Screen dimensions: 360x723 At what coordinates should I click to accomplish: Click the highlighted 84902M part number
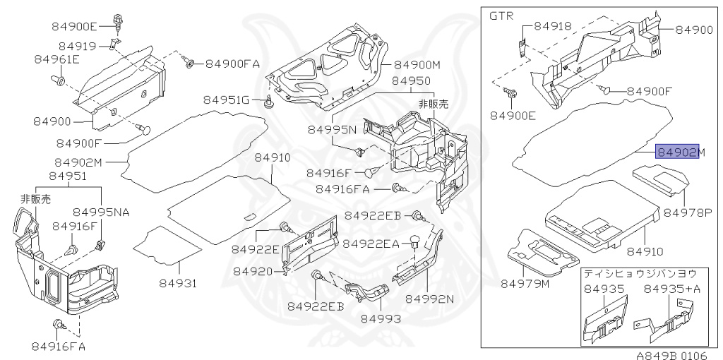point(678,152)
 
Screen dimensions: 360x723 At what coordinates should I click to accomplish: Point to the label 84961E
point(56,60)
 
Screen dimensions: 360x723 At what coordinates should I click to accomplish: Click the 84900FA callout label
point(232,64)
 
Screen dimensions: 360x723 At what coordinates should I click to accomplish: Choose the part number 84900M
point(417,65)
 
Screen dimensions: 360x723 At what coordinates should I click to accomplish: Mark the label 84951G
point(227,100)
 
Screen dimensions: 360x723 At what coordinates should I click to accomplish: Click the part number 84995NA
point(102,212)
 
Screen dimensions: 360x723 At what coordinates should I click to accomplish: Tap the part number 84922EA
point(371,244)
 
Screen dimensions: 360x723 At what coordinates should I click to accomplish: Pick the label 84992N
point(429,299)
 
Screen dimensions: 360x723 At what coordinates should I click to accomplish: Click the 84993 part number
point(381,319)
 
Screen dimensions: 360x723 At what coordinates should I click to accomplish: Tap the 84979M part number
point(525,284)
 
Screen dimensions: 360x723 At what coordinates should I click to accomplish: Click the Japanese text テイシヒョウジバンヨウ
point(639,272)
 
